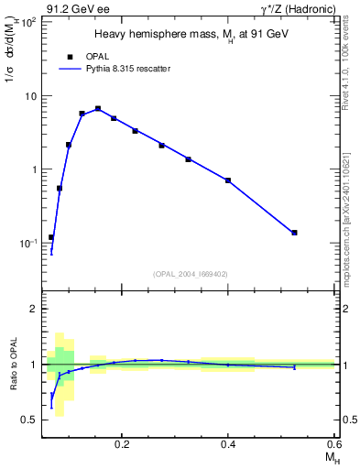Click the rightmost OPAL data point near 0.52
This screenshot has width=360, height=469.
click(294, 233)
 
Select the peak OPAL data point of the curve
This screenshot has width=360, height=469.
click(98, 109)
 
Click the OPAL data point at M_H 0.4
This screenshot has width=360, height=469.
click(228, 180)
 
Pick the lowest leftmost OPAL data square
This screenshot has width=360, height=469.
click(51, 237)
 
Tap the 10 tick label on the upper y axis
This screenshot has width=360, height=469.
click(30, 96)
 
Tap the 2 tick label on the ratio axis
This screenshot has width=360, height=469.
click(33, 310)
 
